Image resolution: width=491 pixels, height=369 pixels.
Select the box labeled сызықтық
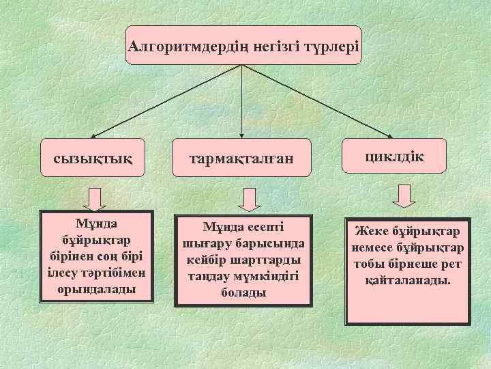tap(93, 158)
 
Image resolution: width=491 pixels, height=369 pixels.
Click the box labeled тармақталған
tap(242, 159)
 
